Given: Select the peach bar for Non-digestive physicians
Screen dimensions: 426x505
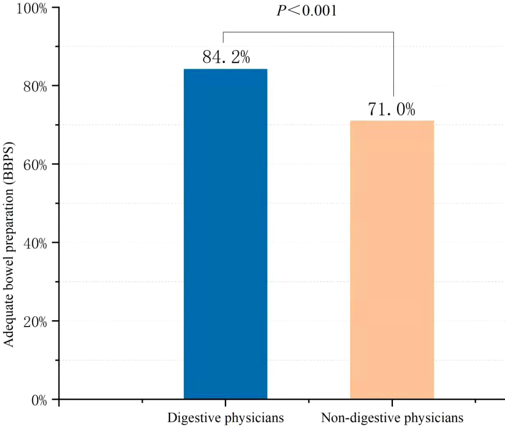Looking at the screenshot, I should (x=392, y=260).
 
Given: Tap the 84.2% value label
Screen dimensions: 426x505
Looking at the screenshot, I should (x=226, y=57).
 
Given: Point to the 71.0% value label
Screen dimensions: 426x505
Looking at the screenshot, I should (x=392, y=109).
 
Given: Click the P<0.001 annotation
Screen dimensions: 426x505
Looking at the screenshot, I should (x=307, y=10).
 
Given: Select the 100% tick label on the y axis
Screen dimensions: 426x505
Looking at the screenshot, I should (x=32, y=9).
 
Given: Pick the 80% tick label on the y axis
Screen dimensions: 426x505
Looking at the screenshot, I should (x=34, y=86).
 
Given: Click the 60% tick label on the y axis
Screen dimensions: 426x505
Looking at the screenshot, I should (x=34, y=165).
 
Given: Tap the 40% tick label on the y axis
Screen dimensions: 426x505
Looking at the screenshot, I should (x=34, y=243).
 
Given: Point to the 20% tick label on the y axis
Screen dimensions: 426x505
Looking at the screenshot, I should (x=34, y=322).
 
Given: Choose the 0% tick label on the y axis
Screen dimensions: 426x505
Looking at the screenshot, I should (x=39, y=400).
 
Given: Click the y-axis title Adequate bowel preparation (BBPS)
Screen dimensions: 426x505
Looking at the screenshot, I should (x=9, y=245).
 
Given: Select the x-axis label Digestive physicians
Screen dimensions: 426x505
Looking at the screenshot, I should (x=225, y=417).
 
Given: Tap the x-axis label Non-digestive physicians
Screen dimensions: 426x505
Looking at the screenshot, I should (x=392, y=417).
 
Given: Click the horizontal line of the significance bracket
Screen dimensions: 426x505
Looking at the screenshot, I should (x=308, y=32).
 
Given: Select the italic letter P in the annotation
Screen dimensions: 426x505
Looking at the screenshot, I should (x=282, y=11).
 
